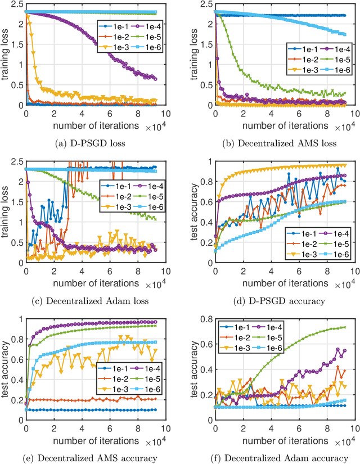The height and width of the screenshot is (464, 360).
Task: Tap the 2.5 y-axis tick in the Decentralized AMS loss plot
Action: coord(204,5)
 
